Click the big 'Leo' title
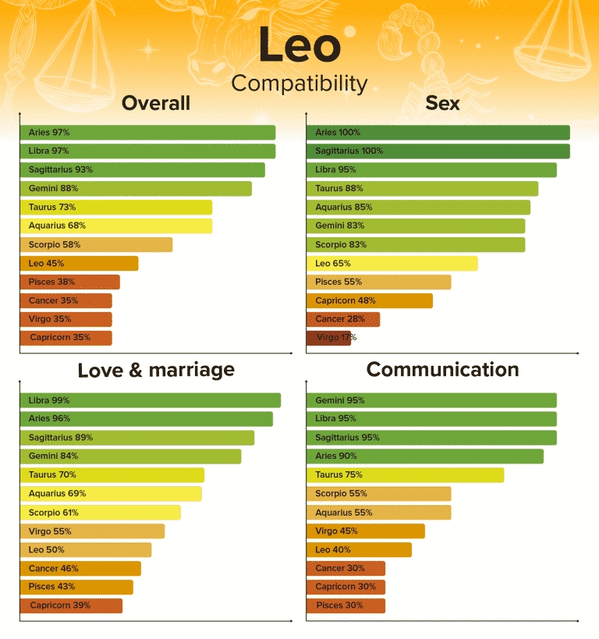click(299, 46)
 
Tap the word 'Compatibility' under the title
click(299, 83)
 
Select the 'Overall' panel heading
click(156, 104)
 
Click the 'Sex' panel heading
click(442, 104)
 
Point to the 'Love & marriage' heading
click(156, 370)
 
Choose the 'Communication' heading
click(442, 370)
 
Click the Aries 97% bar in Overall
click(147, 133)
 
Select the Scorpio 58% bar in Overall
click(96, 245)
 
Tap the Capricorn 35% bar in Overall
click(66, 338)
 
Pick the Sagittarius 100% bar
click(438, 151)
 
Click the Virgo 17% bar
click(328, 338)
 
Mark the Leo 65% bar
click(392, 264)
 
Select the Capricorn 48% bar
click(369, 300)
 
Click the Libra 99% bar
click(150, 400)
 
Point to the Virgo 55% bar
click(92, 531)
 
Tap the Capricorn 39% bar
click(71, 605)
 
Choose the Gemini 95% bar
click(431, 400)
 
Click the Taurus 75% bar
click(405, 475)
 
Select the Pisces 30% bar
click(346, 605)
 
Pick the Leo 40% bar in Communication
click(359, 550)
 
